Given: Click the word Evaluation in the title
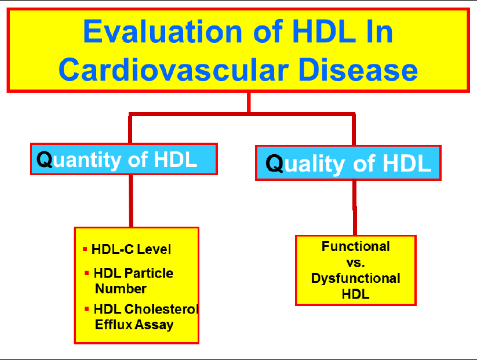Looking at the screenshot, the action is [x=162, y=31].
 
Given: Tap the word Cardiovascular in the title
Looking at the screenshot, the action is [x=174, y=70].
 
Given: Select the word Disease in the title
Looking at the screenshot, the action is [x=358, y=70].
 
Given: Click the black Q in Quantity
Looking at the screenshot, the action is [x=45, y=159].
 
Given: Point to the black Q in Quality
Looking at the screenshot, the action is [x=274, y=163].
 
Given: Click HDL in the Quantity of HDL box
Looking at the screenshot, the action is [x=175, y=159].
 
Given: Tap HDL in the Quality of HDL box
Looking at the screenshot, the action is [x=407, y=163].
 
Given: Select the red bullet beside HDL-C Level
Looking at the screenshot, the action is [x=85, y=249].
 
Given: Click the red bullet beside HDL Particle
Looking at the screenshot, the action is [x=87, y=273].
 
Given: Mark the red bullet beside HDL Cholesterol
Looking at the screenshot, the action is [x=87, y=309].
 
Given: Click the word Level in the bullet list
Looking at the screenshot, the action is [x=154, y=249].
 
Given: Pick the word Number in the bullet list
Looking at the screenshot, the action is [x=121, y=289].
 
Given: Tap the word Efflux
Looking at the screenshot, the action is [x=114, y=325].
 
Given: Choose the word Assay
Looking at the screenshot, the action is [x=154, y=325].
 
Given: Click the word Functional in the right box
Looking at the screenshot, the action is [x=356, y=246].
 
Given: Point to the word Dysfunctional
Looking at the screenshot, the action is [x=356, y=278].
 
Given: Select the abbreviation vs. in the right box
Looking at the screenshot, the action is [x=356, y=263].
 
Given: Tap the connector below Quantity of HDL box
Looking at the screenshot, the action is [x=131, y=201].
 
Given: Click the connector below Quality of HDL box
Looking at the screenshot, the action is [x=355, y=208].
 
